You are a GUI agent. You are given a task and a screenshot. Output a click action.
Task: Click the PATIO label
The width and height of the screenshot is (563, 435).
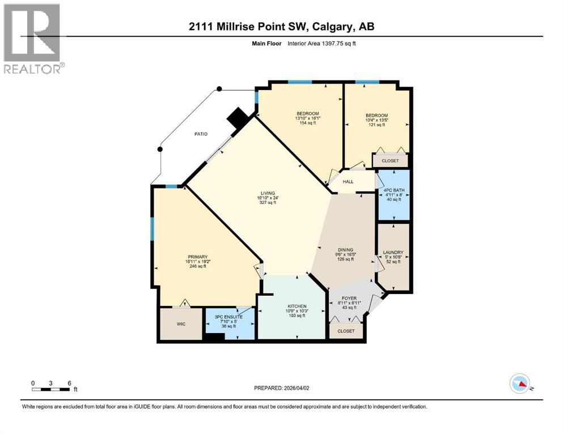(x=199, y=134)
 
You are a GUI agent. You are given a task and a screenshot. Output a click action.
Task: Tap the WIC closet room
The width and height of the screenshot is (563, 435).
(x=181, y=323)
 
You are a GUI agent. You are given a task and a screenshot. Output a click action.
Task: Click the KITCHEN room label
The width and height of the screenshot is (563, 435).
(x=296, y=306)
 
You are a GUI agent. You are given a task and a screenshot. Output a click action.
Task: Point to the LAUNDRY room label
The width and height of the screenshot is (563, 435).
(x=393, y=253)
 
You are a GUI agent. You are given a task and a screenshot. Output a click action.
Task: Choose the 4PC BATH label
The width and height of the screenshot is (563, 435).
(x=393, y=190)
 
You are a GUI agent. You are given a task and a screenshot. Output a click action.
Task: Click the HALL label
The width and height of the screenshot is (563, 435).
(x=348, y=182)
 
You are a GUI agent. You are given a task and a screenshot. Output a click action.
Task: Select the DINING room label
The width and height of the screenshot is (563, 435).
(x=345, y=250)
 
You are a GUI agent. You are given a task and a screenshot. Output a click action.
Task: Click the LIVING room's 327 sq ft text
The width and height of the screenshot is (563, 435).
(x=266, y=202)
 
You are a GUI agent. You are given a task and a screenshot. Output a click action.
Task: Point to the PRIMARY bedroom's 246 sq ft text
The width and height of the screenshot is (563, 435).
(x=198, y=266)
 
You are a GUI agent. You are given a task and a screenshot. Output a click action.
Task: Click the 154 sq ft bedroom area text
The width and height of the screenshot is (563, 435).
(x=308, y=123)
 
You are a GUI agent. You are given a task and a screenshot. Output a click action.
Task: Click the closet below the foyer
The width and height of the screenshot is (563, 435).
(x=346, y=331)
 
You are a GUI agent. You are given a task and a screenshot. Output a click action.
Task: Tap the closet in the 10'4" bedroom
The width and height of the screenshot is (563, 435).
(x=390, y=161)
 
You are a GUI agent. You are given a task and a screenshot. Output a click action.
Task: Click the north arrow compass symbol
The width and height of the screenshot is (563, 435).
(x=520, y=383)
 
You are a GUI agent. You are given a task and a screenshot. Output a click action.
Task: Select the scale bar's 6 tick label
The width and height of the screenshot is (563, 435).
(x=69, y=383)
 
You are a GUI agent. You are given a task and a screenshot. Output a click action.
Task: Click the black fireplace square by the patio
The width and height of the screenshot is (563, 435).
(x=236, y=118)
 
